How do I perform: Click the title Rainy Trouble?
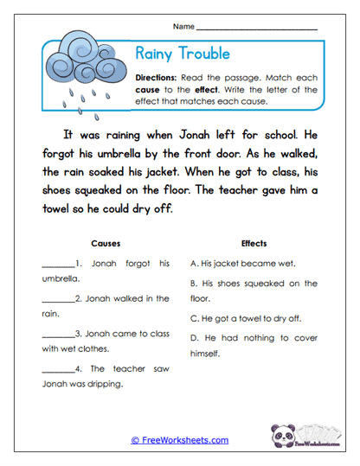pos(183,54)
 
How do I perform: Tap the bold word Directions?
pos(160,77)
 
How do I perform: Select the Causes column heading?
pos(106,244)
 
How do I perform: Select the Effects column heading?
pos(254,244)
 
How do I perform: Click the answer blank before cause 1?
pos(56,264)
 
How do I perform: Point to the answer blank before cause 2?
pos(56,299)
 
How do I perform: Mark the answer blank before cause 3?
pos(56,334)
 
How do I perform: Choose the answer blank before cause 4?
pos(56,369)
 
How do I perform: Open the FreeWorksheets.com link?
pos(180,440)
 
